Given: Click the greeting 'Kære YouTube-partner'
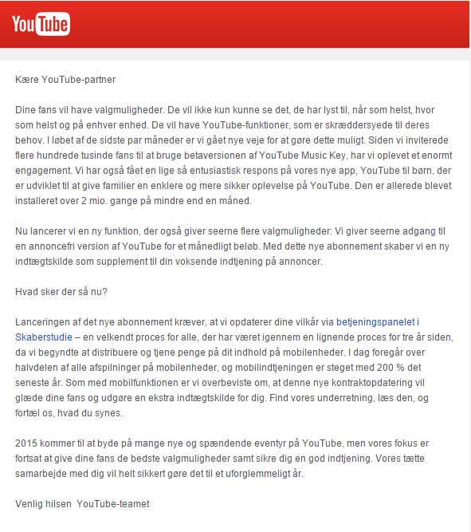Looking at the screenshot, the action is click(66, 79).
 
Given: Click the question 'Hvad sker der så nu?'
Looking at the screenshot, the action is click(61, 291).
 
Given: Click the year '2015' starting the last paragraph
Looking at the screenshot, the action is click(28, 443).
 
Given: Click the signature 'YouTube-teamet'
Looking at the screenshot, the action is click(113, 503).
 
